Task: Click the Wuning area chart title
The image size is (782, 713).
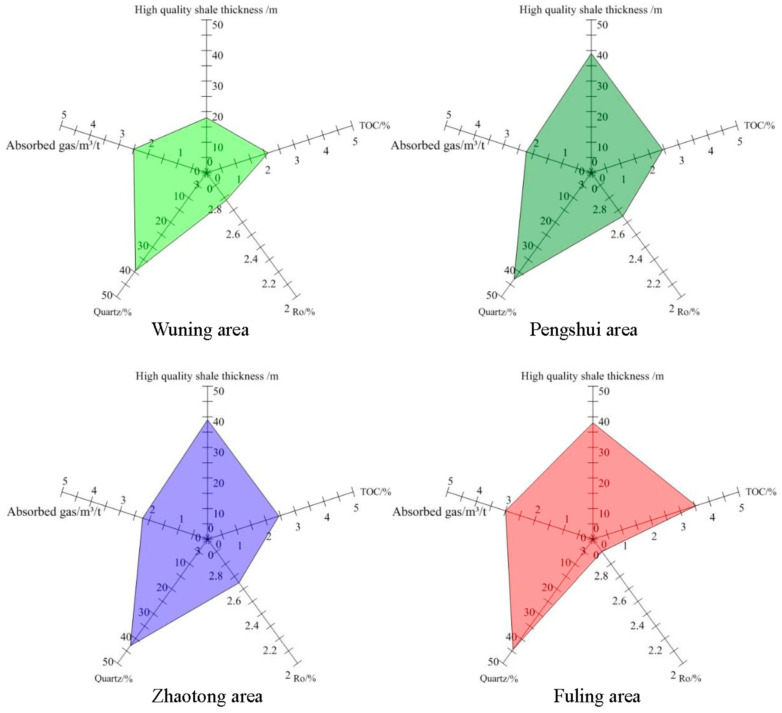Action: (200, 330)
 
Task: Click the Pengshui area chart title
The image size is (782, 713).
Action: (583, 330)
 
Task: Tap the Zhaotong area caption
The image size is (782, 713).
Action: (207, 696)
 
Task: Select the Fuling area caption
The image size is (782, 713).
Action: (597, 696)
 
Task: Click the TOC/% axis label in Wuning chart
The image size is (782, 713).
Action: (374, 125)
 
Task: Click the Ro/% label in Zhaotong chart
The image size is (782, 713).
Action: (304, 678)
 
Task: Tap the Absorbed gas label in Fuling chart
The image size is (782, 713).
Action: (439, 512)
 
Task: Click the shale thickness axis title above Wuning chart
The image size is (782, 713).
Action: (206, 10)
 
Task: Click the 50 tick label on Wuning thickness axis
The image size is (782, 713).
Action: (218, 25)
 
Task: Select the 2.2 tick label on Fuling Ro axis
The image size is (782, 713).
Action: (655, 650)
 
